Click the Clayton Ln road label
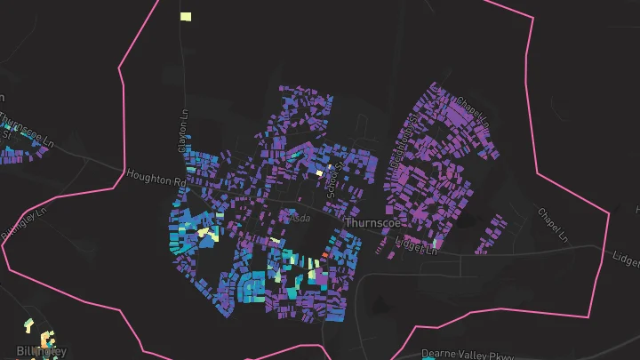pyautogui.click(x=185, y=131)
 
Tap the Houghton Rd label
pyautogui.click(x=155, y=180)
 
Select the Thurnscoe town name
pyautogui.click(x=371, y=222)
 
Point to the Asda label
pyautogui.click(x=301, y=216)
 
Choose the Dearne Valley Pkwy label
pyautogui.click(x=468, y=353)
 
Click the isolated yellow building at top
pyautogui.click(x=186, y=16)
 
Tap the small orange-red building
pyautogui.click(x=324, y=254)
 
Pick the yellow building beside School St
pyautogui.click(x=320, y=172)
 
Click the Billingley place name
pyautogui.click(x=41, y=351)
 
